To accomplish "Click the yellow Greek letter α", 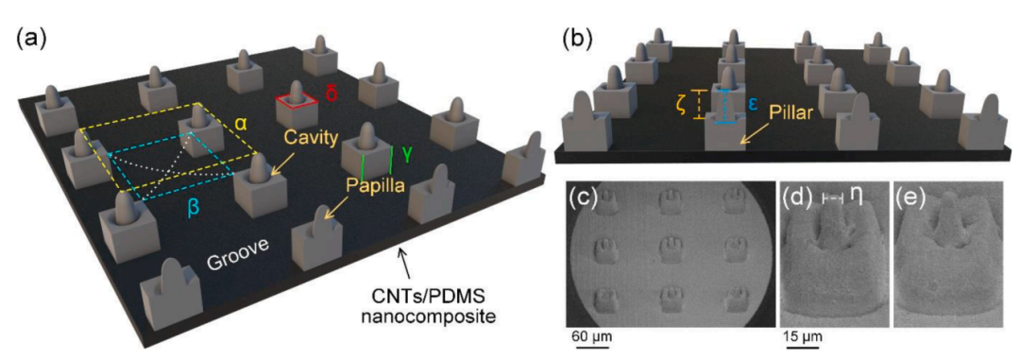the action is (x=240, y=125).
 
